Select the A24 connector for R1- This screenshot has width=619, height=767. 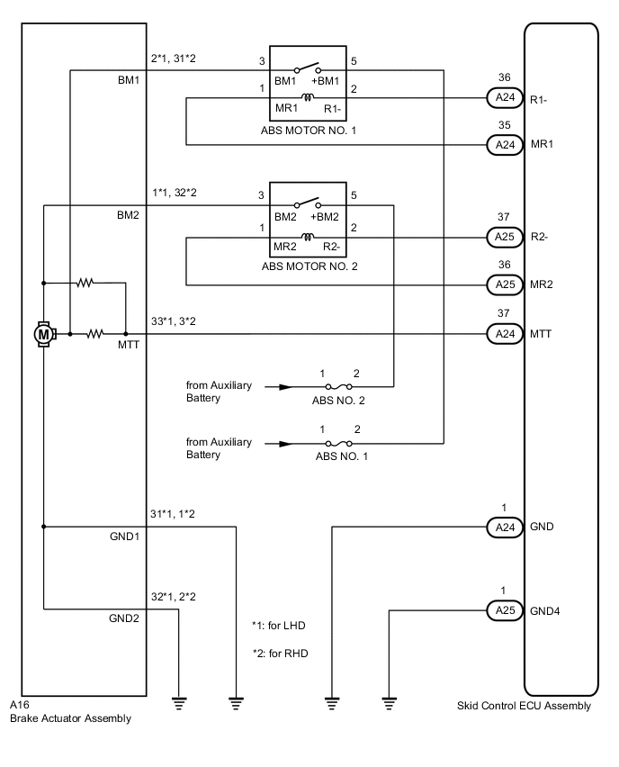tap(502, 99)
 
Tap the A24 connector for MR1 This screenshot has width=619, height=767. tap(502, 144)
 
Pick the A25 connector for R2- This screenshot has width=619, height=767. tap(502, 238)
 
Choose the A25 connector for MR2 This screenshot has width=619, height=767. tap(502, 284)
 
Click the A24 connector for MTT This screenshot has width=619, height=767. tap(502, 333)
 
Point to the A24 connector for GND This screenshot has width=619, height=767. tap(502, 527)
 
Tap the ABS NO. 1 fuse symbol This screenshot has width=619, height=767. tap(338, 443)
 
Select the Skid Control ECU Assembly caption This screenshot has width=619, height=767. tap(524, 706)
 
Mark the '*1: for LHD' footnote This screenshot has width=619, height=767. tap(280, 624)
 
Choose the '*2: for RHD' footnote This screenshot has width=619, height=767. tap(280, 654)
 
